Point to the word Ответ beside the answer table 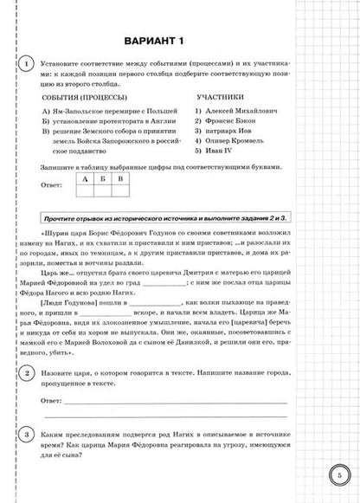pos(54,185)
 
